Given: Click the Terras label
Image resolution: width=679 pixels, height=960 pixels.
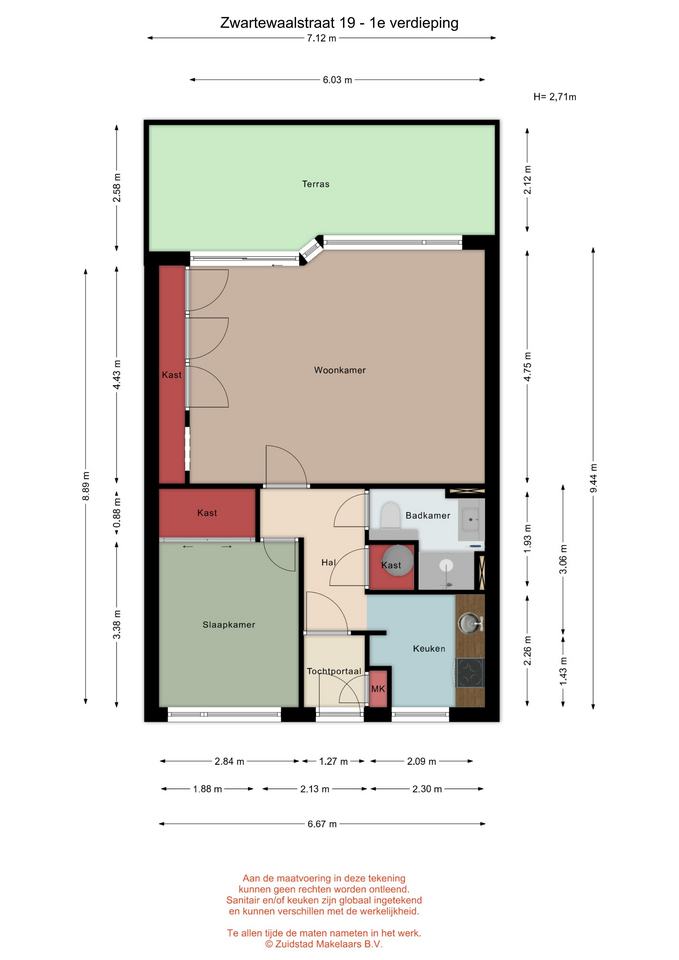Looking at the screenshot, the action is click(x=315, y=184).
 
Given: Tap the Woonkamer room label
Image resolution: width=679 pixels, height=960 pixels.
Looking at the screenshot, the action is click(x=340, y=370).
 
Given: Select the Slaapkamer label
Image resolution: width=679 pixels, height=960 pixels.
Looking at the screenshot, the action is click(x=228, y=624).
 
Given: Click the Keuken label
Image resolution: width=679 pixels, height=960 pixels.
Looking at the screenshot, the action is click(x=429, y=648).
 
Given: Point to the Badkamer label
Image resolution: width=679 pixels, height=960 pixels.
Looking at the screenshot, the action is click(x=427, y=516).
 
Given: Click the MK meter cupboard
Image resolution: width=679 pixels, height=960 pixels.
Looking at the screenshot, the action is click(x=378, y=689).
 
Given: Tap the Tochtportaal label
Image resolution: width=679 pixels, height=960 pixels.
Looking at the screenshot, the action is click(x=334, y=672).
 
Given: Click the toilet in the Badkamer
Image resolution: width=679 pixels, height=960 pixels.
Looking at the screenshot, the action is click(x=390, y=516).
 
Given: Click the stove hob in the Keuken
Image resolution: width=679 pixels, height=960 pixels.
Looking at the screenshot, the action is click(x=470, y=673).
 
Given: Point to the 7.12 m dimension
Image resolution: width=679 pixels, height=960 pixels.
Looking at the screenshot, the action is click(x=321, y=38).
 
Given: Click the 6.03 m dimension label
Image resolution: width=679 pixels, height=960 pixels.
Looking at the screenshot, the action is click(x=337, y=80).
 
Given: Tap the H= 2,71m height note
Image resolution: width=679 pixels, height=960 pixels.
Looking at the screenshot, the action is click(x=555, y=97).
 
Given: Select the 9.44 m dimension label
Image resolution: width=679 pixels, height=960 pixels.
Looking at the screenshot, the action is click(x=593, y=479).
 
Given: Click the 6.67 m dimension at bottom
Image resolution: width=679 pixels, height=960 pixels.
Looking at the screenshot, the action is click(x=322, y=824).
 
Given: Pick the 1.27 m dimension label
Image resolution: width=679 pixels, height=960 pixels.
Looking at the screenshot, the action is click(x=333, y=762).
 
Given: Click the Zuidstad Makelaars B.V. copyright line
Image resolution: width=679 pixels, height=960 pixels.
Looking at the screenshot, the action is click(x=323, y=944).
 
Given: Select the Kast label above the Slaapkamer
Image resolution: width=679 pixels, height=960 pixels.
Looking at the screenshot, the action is click(x=207, y=513).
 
